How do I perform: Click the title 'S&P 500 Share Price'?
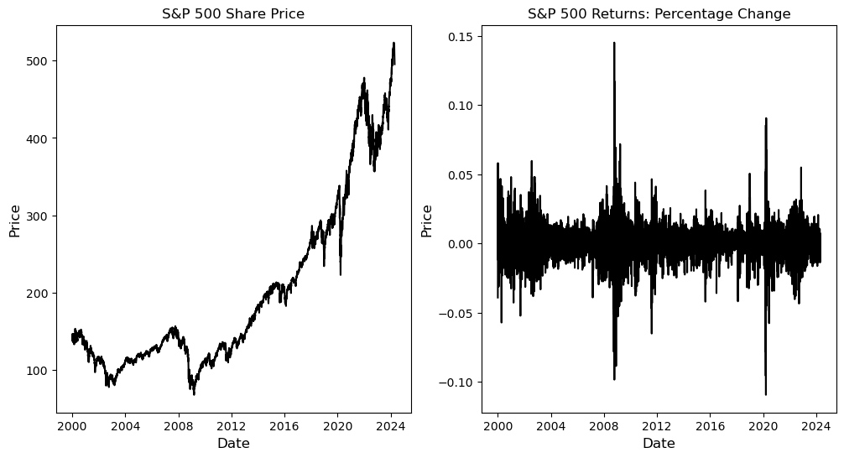[233, 13]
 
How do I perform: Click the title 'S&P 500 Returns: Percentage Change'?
[659, 13]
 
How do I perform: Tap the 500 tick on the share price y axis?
[39, 61]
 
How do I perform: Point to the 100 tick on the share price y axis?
[39, 371]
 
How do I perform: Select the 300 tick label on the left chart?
[39, 216]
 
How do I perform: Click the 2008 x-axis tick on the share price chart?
[178, 425]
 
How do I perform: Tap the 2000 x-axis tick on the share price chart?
[72, 425]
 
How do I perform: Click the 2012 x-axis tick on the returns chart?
[657, 425]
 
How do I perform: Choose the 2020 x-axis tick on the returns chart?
[763, 425]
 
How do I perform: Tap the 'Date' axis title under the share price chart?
[233, 443]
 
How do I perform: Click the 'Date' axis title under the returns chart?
[659, 443]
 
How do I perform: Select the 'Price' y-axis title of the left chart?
[15, 220]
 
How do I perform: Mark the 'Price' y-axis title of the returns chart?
[427, 220]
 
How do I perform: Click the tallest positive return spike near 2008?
[614, 44]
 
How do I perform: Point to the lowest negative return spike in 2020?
[765, 393]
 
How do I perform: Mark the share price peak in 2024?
[393, 44]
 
